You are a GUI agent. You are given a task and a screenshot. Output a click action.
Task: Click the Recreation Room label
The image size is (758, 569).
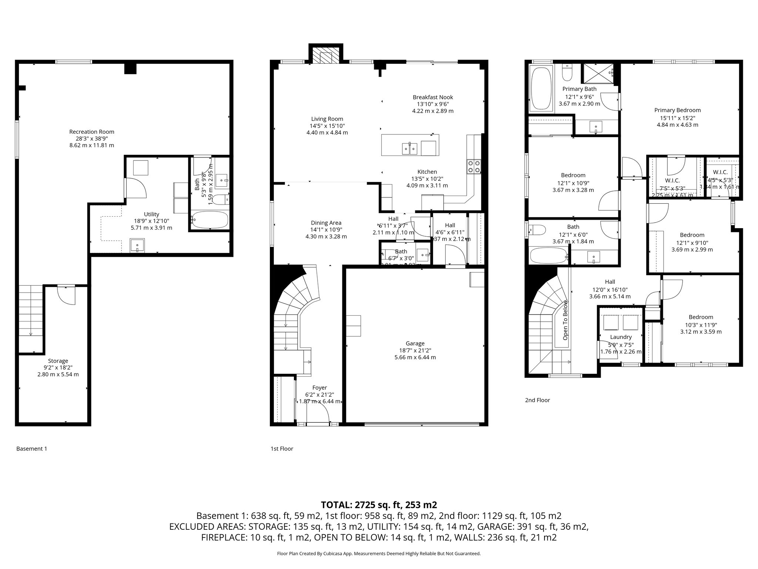92,132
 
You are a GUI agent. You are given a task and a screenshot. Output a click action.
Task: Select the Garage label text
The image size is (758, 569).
415,343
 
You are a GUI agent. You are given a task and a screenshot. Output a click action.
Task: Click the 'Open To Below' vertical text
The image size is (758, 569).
565,320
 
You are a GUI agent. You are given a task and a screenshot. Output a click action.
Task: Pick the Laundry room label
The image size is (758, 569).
621,337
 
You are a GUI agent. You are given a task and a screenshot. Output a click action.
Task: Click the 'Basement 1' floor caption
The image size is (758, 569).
32,449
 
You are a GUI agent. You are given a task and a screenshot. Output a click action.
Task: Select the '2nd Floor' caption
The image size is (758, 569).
537,400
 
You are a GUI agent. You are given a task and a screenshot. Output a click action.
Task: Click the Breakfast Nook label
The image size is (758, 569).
433,97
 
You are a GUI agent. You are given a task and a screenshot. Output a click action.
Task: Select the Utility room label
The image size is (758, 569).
151,214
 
